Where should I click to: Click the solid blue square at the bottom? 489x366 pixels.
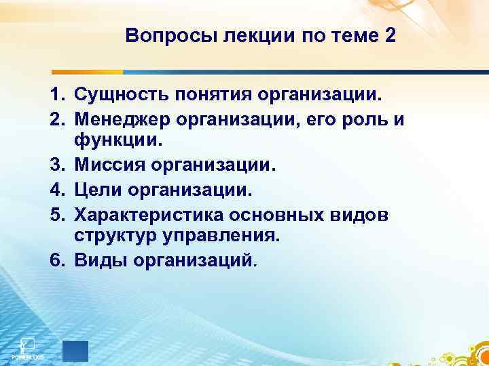75,352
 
